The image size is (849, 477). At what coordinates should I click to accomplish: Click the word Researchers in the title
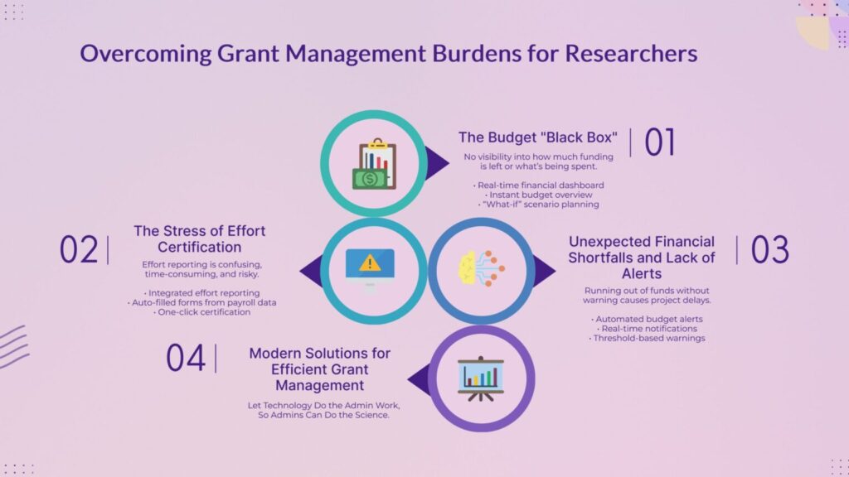point(631,54)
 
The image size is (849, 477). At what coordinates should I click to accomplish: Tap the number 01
point(659,142)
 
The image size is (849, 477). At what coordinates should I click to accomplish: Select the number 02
point(79,249)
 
